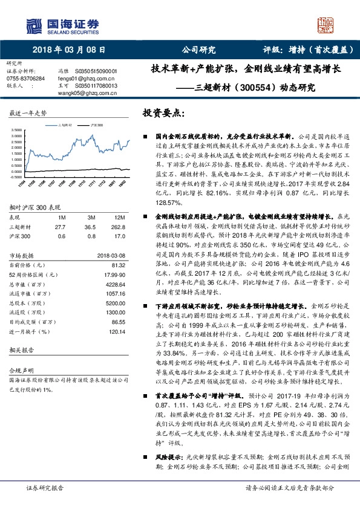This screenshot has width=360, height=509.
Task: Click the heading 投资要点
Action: (x=161, y=112)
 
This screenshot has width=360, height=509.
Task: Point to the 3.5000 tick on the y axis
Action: (x=18, y=130)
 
